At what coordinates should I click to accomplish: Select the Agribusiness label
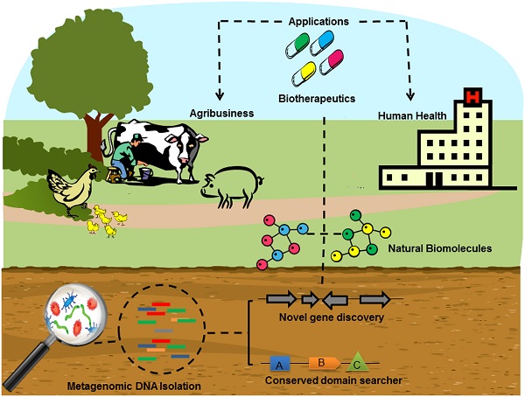(x=221, y=113)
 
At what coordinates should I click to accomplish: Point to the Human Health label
(x=414, y=114)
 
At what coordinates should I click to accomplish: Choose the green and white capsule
(x=296, y=43)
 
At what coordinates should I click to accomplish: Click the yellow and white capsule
(x=308, y=68)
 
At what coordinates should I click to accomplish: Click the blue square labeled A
(x=277, y=363)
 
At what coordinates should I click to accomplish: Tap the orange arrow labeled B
(x=319, y=362)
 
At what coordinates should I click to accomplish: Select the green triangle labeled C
(x=357, y=360)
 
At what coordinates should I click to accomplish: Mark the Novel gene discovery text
(x=323, y=317)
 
